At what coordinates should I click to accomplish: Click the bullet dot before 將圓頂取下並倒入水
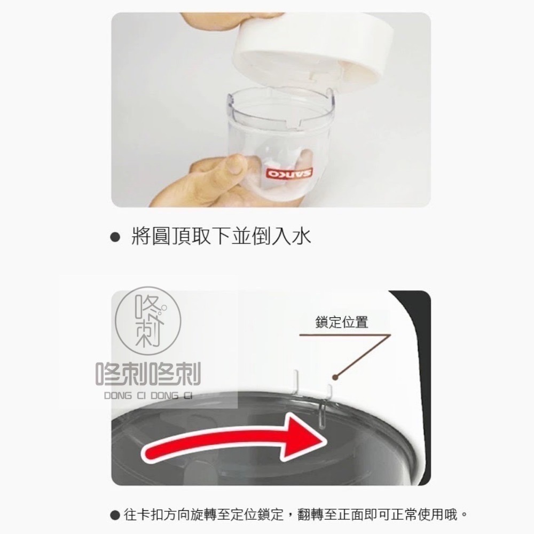click(x=113, y=236)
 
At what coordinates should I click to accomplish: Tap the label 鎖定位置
click(x=342, y=323)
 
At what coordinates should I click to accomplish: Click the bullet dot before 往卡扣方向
click(x=114, y=515)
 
